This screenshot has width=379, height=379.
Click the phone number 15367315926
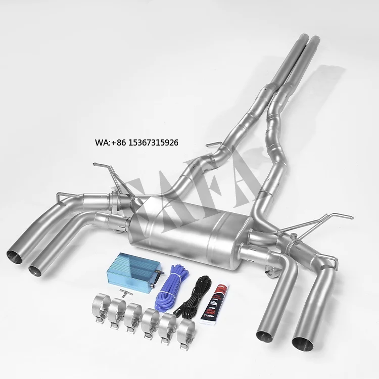(153, 143)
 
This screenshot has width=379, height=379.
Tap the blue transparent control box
(133, 274)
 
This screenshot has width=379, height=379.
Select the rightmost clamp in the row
(186, 334)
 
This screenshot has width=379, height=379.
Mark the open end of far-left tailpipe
(16, 256)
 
